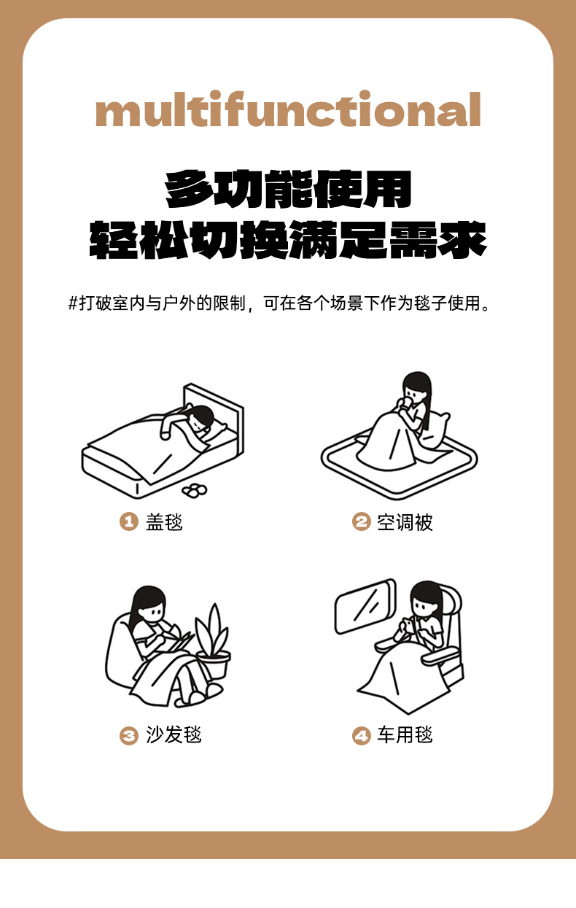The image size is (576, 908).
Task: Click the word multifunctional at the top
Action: point(288,109)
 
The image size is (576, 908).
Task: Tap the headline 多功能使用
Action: point(288,189)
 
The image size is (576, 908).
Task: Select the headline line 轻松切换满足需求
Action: point(288,240)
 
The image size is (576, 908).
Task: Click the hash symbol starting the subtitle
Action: point(73,303)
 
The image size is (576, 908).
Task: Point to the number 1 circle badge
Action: point(129,521)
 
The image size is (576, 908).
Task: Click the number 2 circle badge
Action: point(361,521)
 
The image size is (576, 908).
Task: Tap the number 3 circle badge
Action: point(129,735)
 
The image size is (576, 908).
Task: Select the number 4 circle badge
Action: point(361,735)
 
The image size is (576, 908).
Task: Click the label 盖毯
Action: point(164,521)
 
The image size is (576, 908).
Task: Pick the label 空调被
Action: point(405,521)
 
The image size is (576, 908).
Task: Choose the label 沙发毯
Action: point(174,735)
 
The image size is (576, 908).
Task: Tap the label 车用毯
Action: point(405,735)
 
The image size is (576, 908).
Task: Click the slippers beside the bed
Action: point(195,491)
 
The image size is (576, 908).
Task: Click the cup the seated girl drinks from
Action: point(405,402)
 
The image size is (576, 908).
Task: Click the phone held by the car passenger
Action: point(410,625)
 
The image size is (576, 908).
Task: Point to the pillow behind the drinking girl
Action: point(435,430)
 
